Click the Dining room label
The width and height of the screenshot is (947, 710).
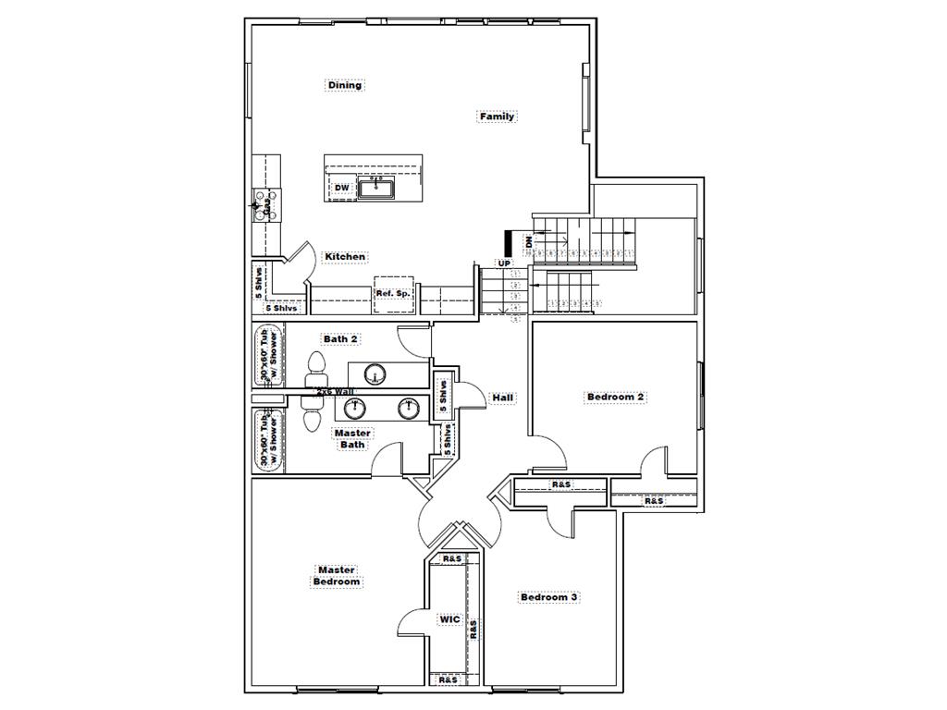coord(345,85)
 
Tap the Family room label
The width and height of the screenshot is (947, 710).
coord(497,116)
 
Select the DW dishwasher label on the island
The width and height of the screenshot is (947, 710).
coord(341,189)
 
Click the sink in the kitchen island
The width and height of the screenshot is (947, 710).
coord(376,189)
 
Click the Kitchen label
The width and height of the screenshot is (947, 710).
coord(344,257)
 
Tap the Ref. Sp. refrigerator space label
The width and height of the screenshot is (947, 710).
coord(392,293)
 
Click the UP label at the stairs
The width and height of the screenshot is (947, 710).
coord(504,263)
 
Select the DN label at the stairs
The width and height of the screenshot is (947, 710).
coord(528,242)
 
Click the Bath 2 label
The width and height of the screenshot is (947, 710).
coord(340,339)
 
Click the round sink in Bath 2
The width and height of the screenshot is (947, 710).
coord(375,374)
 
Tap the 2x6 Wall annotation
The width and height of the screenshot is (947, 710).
coord(335,392)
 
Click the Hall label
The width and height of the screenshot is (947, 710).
coord(503,398)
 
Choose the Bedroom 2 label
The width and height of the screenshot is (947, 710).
coord(615,398)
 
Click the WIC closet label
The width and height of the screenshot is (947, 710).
coord(449,619)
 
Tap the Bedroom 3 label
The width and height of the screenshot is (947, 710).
coord(548,597)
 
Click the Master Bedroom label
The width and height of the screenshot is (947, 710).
coord(336,576)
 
